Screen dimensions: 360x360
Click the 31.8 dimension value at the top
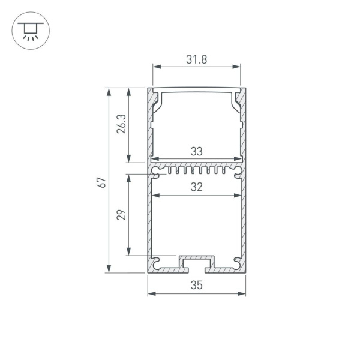tap(196, 59)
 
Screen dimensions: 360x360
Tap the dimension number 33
tap(196, 152)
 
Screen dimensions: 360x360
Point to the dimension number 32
tap(196, 187)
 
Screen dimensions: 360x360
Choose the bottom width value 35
tap(196, 286)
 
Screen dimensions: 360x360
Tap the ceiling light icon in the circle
tap(28, 28)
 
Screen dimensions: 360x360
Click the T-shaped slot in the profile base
tap(196, 262)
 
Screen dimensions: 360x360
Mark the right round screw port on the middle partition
tap(237, 172)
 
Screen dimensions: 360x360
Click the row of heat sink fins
tap(196, 170)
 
